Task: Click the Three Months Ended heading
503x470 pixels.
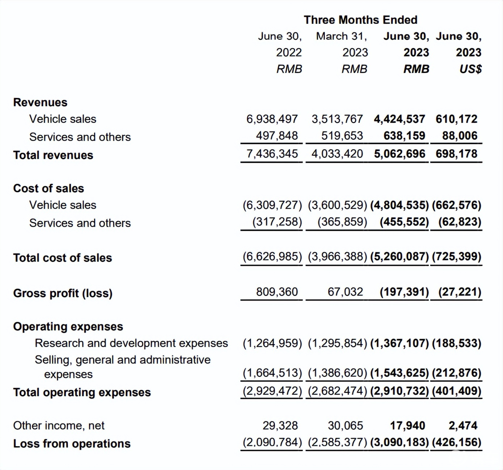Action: [360, 20]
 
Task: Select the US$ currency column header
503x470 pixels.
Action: [470, 69]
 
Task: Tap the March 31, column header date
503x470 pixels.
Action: [341, 36]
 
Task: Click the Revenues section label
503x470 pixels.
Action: [40, 102]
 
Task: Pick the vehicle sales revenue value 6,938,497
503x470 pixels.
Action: [272, 119]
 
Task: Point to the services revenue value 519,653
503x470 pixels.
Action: [342, 136]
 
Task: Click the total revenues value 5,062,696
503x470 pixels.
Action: [400, 154]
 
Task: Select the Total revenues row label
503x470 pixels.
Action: [53, 155]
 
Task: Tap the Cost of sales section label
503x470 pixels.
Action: [48, 188]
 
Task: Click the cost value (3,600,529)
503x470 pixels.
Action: [337, 205]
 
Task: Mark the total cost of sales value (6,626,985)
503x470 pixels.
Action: [272, 256]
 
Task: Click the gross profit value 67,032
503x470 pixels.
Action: [345, 292]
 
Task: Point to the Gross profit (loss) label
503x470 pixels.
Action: [63, 293]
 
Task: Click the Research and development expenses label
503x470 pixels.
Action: [131, 343]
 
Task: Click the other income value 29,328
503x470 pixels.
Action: [280, 426]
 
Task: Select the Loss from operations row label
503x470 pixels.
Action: [72, 444]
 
